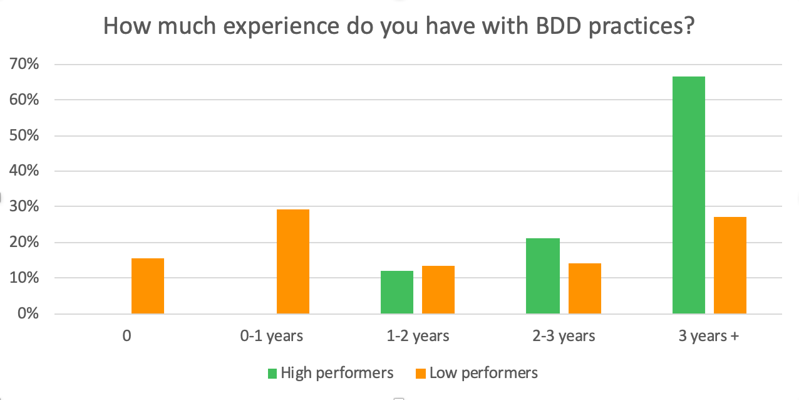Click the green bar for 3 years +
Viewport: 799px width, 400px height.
pos(688,195)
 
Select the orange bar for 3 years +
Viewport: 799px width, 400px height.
pos(729,265)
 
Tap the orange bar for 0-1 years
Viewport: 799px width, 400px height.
pos(292,261)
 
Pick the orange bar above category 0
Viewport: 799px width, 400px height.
pos(148,286)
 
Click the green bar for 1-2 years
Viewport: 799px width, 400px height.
pos(396,292)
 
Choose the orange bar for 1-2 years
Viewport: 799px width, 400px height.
pos(438,290)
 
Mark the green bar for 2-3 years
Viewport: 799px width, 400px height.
pos(542,276)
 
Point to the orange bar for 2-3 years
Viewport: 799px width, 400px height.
pos(584,288)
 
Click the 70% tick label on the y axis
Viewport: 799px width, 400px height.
pos(23,64)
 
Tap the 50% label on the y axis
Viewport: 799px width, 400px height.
pos(23,135)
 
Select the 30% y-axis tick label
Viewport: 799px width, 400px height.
pos(23,207)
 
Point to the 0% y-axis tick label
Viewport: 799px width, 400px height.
pos(27,313)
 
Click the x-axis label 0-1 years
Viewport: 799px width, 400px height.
pos(272,336)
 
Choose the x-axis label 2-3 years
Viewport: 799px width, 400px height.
pos(564,336)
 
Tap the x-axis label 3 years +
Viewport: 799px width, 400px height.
pos(709,336)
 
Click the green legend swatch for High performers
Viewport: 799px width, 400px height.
pos(272,374)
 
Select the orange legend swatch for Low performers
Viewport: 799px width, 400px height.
pos(420,374)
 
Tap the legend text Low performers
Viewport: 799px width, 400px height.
pos(483,373)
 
